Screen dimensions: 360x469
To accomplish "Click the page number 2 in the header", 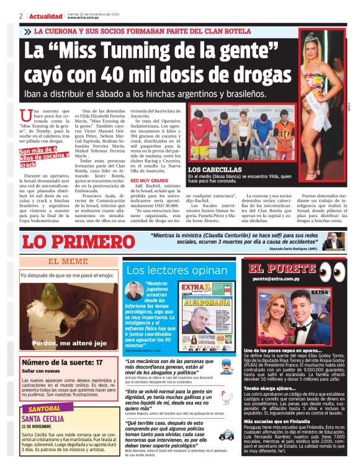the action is point(21,16).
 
